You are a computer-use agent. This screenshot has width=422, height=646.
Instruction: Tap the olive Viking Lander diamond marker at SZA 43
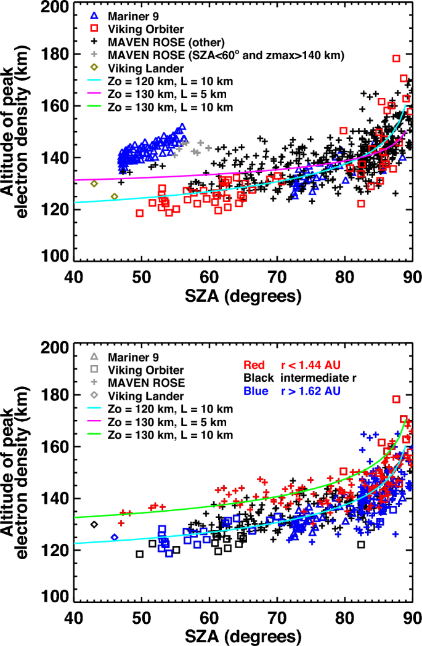click(94, 184)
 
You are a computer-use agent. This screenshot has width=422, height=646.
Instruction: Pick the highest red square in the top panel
click(397, 59)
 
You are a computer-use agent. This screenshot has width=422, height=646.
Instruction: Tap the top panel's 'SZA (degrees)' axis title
click(242, 296)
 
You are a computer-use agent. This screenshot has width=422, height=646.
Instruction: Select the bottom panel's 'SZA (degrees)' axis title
click(242, 635)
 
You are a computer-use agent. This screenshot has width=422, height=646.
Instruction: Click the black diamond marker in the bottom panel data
click(94, 524)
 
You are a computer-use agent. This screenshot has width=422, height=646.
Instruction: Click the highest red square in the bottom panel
click(397, 399)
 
